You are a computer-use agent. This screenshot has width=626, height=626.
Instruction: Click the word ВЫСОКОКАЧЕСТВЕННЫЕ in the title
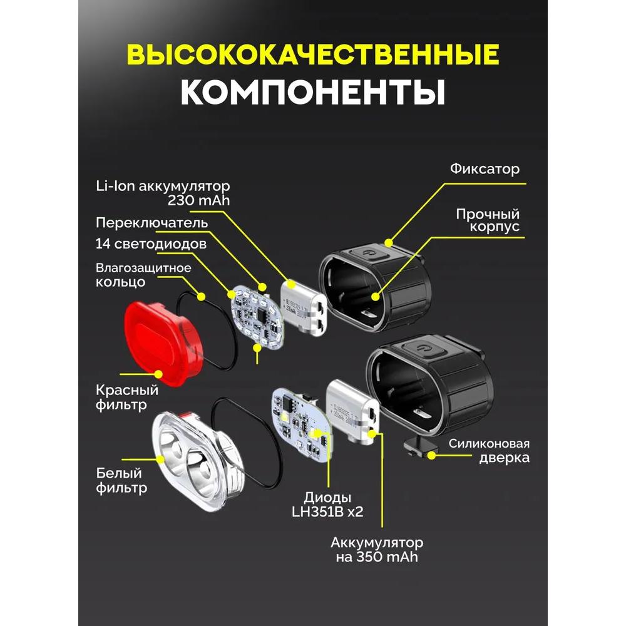[x=313, y=55]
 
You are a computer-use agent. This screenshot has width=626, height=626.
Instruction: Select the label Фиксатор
[x=485, y=170]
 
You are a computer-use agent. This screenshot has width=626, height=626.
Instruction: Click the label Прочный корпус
[x=488, y=220]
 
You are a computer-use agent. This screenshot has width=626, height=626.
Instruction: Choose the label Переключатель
[x=152, y=223]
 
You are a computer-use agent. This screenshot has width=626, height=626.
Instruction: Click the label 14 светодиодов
[x=151, y=244]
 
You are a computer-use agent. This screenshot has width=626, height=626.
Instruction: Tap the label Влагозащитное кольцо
[x=143, y=275]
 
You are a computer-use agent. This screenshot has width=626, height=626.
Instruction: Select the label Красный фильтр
[x=127, y=398]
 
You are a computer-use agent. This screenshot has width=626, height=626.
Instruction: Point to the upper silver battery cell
[x=302, y=306]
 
